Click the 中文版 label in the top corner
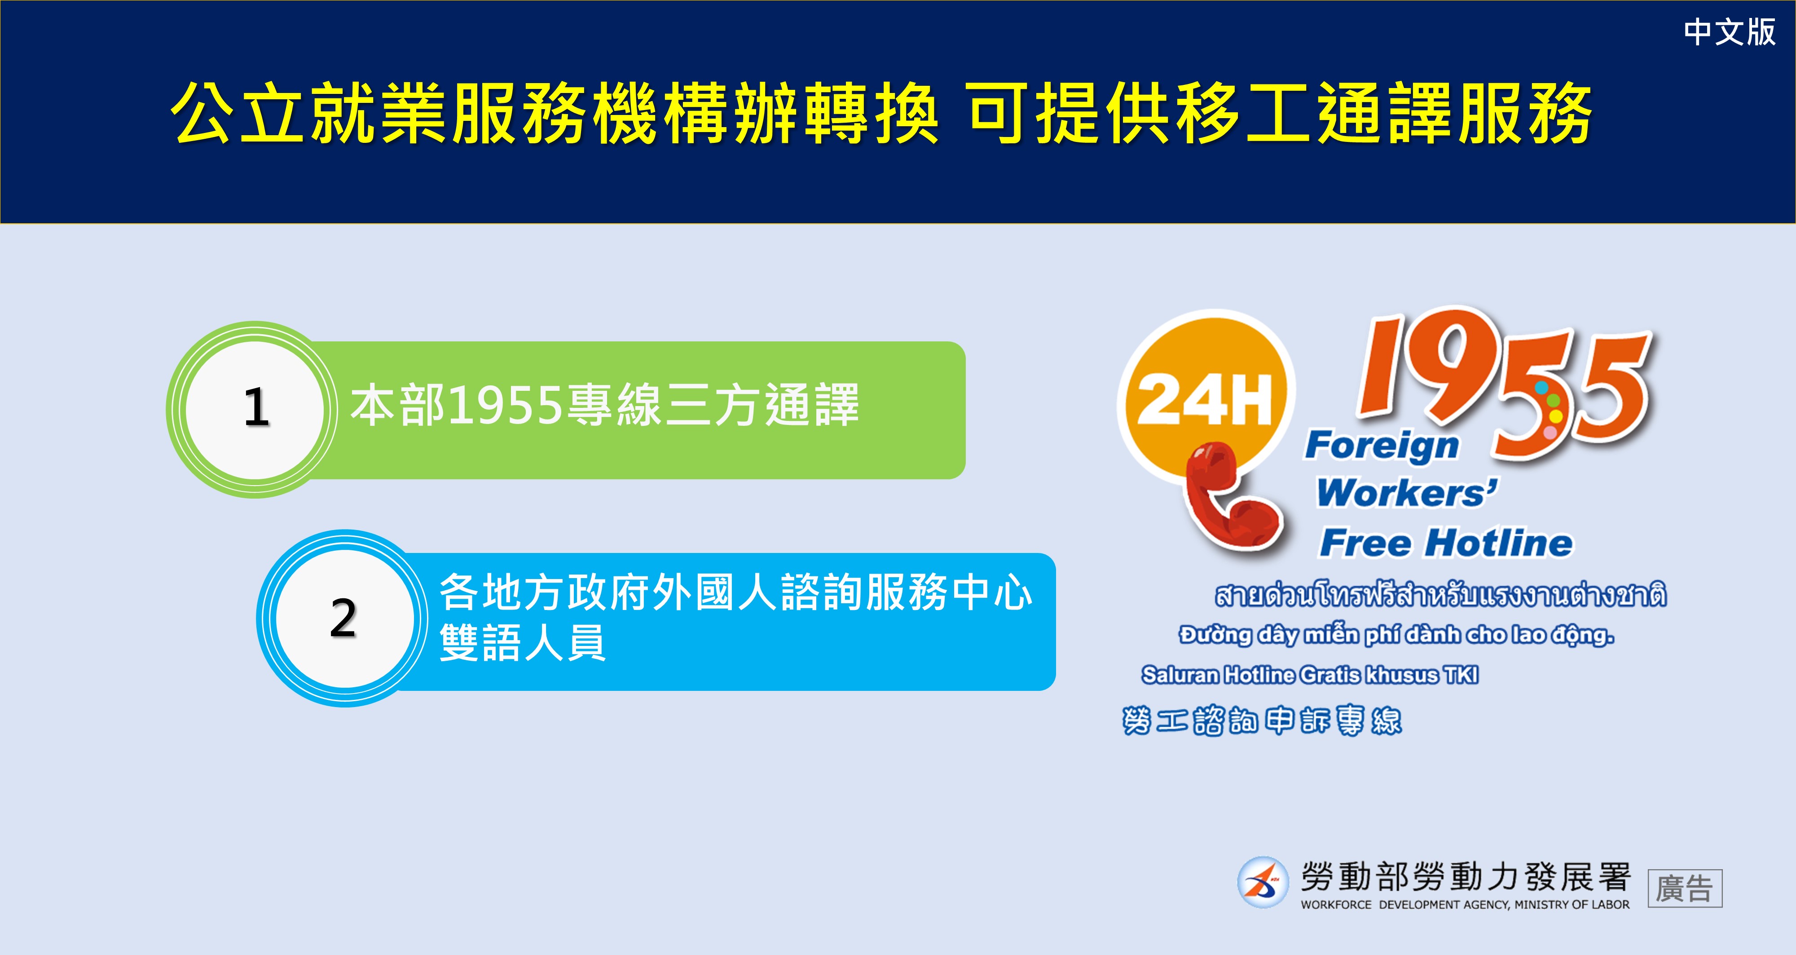tap(1729, 32)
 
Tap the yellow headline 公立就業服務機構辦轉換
tap(555, 113)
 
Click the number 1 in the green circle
tap(256, 407)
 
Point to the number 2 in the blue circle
tap(343, 618)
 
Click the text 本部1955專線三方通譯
tap(604, 405)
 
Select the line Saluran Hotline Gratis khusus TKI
tap(1310, 675)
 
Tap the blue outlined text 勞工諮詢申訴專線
tap(1262, 721)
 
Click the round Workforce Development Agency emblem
tap(1263, 882)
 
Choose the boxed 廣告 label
tap(1685, 889)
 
